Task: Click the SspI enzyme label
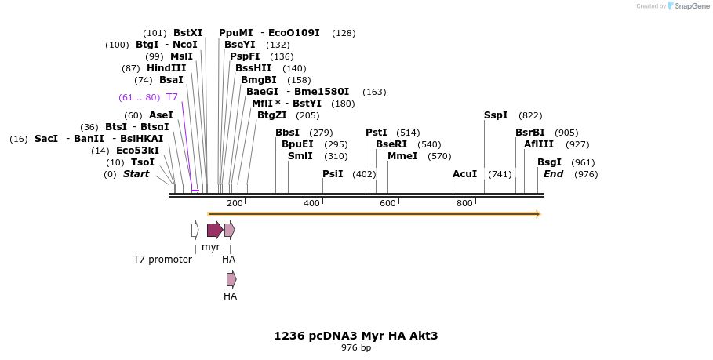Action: pos(496,115)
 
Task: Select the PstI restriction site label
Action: pos(377,133)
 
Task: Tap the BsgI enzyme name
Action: pos(549,162)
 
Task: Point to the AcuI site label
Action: pos(465,174)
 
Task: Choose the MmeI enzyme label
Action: pos(402,156)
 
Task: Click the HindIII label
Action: pos(166,68)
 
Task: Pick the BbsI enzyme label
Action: pos(287,133)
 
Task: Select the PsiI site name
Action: pos(333,174)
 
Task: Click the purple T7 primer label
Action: pos(172,97)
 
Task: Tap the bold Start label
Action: pos(136,174)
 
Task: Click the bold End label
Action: pos(553,174)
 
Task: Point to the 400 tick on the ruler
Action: pos(311,204)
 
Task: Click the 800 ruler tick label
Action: pos(464,204)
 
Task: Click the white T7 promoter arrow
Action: pos(195,230)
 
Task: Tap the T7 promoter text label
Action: pos(162,260)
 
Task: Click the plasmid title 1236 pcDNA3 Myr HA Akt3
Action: pos(355,336)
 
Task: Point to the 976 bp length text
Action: pos(356,347)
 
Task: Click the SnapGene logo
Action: pos(689,6)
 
